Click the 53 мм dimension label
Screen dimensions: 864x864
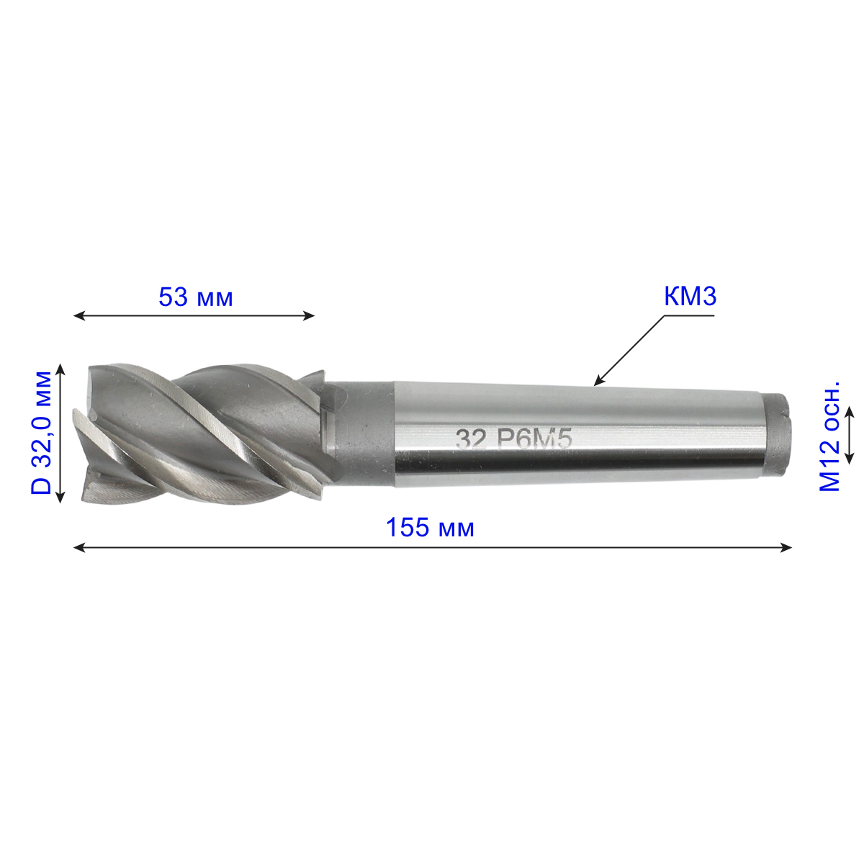click(196, 297)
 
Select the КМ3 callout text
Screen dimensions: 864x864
click(690, 297)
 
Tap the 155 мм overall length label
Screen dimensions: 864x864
click(430, 528)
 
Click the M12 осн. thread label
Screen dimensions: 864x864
click(829, 437)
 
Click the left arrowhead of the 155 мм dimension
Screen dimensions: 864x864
click(79, 547)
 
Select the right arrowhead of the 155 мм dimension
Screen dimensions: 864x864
click(786, 547)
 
